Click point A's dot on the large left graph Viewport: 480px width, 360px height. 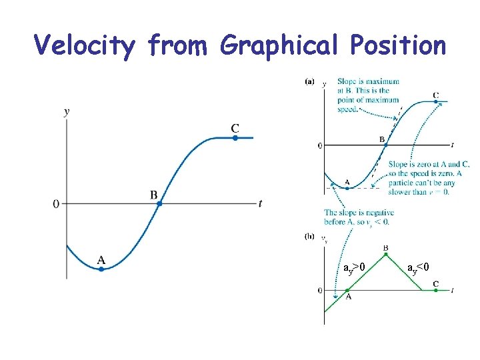coord(101,269)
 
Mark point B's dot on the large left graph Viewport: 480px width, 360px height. coord(159,203)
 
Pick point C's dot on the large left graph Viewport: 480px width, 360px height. coord(235,138)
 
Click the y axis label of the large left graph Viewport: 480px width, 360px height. coord(66,111)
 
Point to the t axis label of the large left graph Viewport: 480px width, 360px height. coord(261,203)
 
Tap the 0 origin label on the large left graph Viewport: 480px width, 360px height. coord(56,203)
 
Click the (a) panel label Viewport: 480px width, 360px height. coord(309,81)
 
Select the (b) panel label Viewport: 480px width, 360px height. coord(309,236)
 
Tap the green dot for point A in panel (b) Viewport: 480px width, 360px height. coord(347,290)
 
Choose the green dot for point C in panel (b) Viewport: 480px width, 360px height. coord(435,290)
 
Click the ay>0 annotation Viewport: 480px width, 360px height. coord(353,267)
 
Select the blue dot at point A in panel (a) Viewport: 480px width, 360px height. coord(347,187)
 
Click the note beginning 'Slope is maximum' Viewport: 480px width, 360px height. coord(368,95)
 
